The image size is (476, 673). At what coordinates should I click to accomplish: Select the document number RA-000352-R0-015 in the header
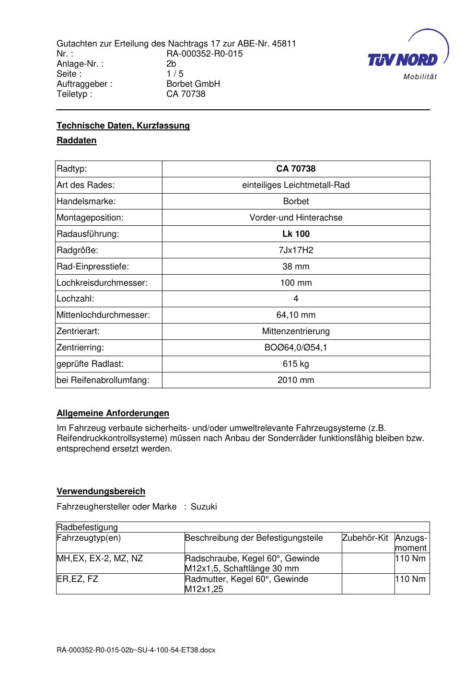point(204,54)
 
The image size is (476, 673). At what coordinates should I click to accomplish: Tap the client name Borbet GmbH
point(193,84)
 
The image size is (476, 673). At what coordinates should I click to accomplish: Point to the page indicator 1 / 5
point(175,74)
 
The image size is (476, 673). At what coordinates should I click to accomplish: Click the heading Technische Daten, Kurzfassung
point(123,126)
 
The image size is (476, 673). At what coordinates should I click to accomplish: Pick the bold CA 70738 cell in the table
point(296,169)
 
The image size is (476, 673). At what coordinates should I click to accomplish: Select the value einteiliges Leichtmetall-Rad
point(296,185)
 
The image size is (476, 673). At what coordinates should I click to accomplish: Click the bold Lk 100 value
point(296,234)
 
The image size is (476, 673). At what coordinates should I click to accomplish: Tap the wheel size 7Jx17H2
point(296,250)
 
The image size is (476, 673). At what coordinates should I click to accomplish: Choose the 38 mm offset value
point(296,267)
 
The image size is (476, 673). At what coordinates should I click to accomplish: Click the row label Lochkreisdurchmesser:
point(102,283)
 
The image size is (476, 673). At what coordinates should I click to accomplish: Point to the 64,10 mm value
point(296,315)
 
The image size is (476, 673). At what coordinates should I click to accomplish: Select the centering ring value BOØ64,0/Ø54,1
point(296,348)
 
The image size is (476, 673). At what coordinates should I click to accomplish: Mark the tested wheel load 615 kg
point(296,364)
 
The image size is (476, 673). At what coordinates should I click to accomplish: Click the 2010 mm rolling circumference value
point(296,380)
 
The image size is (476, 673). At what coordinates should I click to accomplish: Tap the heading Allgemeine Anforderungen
point(113,413)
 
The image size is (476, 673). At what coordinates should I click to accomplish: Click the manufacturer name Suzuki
point(204,507)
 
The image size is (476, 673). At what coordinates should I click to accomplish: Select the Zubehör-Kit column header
point(365,538)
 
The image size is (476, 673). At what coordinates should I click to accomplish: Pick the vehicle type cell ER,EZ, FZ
point(77,579)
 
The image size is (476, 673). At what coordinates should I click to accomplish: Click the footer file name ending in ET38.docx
point(136,650)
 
